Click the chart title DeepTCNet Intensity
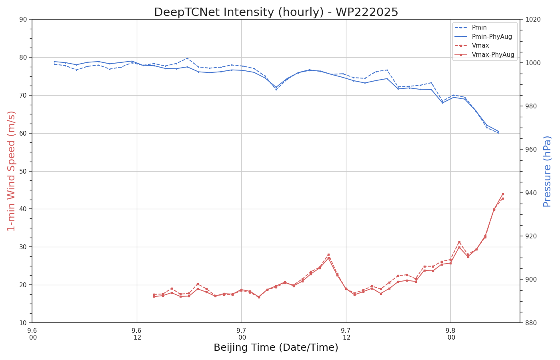point(276,12)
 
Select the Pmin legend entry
point(479,28)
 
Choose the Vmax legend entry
point(480,46)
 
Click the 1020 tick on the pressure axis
point(532,19)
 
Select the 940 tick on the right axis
point(531,193)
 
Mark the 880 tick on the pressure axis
point(531,323)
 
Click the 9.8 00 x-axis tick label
point(451,334)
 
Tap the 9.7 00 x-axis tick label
point(242,334)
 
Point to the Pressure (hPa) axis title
point(547,171)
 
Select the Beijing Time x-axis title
point(276,348)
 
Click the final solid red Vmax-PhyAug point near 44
point(503,194)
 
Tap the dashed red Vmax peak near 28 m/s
point(328,254)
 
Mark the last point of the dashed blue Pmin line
point(498,133)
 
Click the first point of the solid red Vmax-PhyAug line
point(154,296)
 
